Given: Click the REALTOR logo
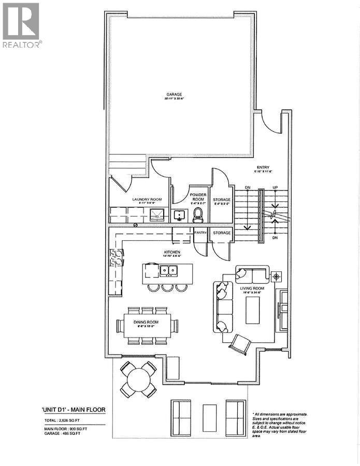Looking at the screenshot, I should point(22,25).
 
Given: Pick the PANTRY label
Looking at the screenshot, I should point(200,233).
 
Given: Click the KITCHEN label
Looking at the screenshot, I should point(174,252).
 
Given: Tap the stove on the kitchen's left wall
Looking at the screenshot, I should point(114,257).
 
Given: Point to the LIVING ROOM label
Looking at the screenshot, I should point(252,289).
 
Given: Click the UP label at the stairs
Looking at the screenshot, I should point(276,187).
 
